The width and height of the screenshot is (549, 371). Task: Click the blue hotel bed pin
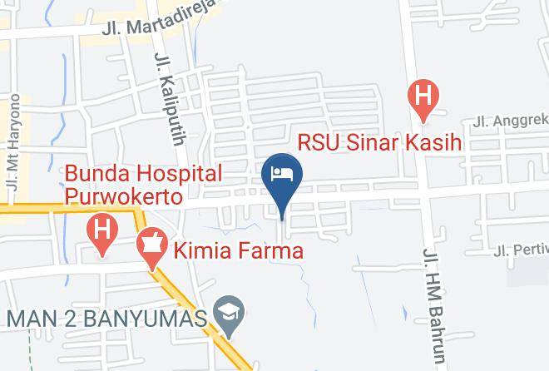coord(282,176)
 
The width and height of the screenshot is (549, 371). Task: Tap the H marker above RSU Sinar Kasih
coord(423,98)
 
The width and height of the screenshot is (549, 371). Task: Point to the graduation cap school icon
coord(225,313)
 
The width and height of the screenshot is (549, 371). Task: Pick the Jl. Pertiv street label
coord(521,249)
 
